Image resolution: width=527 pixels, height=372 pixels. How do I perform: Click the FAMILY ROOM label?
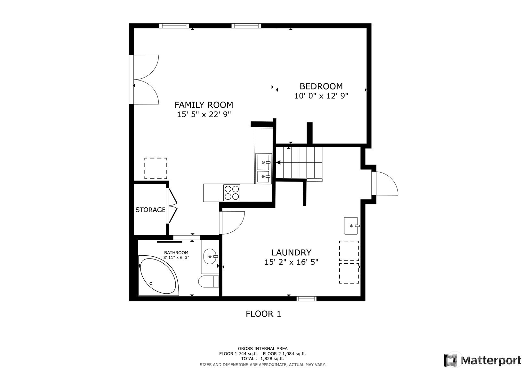204,105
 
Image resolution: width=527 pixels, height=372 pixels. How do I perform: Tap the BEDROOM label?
321,87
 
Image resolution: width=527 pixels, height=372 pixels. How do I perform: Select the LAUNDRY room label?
291,252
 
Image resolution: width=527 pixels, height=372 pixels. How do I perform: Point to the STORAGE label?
150,210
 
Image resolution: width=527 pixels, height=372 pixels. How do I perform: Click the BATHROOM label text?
176,252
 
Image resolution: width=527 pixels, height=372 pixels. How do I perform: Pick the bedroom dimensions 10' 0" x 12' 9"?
321,96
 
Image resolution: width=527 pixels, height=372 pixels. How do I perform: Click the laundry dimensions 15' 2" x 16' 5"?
291,262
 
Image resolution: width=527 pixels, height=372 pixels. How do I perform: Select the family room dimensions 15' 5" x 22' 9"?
204,114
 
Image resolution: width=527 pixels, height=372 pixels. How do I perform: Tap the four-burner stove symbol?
232,193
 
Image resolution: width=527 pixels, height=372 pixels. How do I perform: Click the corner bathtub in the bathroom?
159,276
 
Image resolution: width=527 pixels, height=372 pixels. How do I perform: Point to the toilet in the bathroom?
208,281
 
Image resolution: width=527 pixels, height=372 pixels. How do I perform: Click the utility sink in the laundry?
351,226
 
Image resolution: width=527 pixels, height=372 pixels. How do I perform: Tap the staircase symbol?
299,163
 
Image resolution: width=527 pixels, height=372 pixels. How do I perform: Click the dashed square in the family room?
156,168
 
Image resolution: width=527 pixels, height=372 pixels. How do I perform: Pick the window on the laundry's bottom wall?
306,299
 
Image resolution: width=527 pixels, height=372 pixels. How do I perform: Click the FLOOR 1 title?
263,314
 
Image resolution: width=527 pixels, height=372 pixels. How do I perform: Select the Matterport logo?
482,360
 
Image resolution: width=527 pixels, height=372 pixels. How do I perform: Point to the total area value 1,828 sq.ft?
272,359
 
